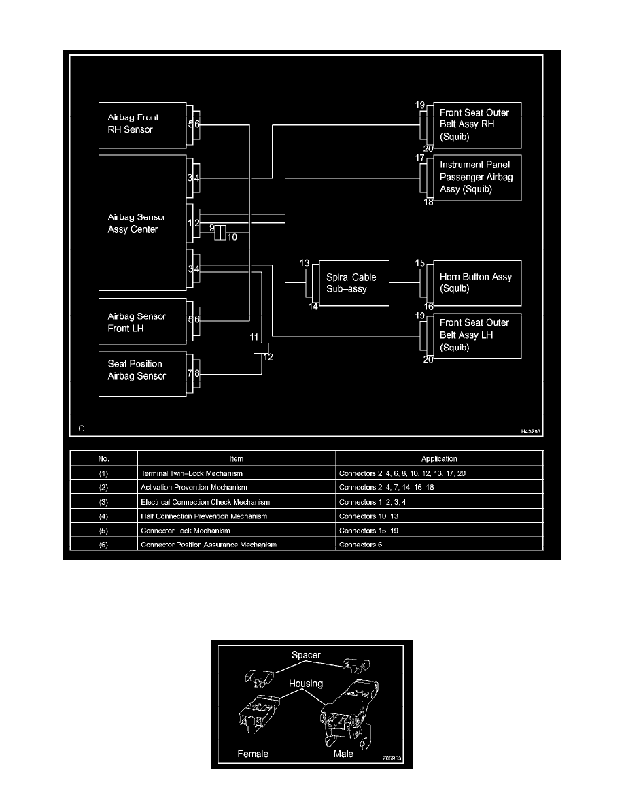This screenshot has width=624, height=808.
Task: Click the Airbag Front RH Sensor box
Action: (x=142, y=124)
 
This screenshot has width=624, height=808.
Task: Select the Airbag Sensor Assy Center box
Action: (x=142, y=223)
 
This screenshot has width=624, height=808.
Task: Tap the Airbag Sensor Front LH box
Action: (x=142, y=322)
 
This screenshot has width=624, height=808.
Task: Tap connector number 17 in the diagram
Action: (x=420, y=158)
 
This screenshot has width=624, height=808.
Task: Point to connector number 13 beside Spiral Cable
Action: (x=305, y=263)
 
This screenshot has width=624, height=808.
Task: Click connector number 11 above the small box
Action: (x=254, y=337)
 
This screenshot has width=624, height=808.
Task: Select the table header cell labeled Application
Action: (x=439, y=458)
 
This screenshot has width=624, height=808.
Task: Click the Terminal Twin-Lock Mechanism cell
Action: (x=192, y=473)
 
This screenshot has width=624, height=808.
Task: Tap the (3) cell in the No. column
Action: (x=103, y=502)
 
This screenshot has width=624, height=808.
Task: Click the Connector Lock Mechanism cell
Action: (x=186, y=531)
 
